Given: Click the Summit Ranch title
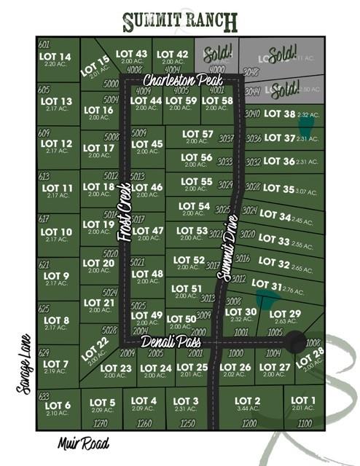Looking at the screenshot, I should [180, 22].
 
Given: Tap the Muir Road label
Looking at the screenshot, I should [84, 443].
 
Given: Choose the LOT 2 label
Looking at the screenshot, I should [248, 401].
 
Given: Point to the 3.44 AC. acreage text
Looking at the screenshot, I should [248, 410].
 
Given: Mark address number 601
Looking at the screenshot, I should [43, 44].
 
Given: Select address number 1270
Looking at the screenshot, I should [101, 422].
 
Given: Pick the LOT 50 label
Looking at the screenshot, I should [181, 318].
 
